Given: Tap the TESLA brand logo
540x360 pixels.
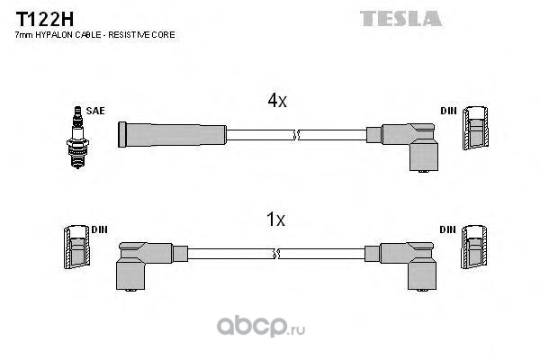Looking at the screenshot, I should pos(400,17).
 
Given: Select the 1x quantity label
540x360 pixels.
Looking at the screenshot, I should pos(275,219).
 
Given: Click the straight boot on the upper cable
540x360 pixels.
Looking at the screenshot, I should pos(172,134).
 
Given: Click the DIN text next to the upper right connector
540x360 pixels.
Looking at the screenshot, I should pos(448,111).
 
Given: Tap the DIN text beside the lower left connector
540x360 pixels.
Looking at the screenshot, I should pos(100,229).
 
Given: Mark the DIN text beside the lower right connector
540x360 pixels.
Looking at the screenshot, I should pos(448,229).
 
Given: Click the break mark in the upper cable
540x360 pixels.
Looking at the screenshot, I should pos(296,135).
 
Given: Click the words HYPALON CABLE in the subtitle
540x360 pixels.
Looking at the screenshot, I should pos(78,34).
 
